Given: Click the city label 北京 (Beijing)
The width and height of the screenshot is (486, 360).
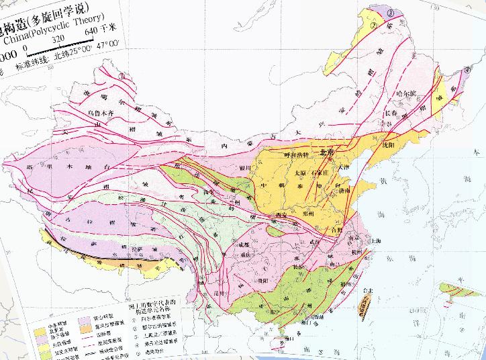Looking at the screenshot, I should point(327,152).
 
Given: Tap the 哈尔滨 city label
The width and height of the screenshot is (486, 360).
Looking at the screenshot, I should point(407,93).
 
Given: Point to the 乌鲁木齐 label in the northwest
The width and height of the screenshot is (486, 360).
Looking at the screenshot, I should point(103,114).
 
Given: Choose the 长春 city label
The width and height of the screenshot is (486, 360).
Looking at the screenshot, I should point(391,113).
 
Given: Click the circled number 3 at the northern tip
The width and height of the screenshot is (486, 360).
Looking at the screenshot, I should point(391,11).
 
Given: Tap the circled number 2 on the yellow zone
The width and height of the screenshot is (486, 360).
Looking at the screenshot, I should point(371,26).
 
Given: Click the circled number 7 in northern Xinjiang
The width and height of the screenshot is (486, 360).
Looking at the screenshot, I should point(121,76).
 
